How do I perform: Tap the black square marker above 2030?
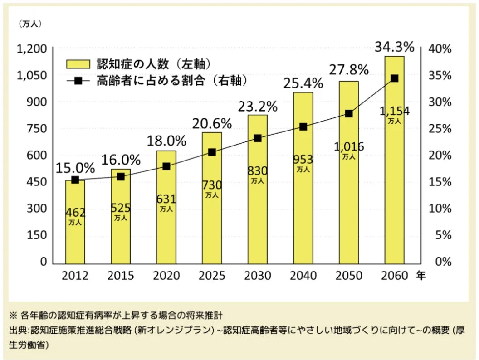pos(257,138)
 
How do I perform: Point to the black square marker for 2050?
pos(348,113)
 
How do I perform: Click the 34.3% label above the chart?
pos(394,46)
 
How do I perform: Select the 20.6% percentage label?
pos(211,123)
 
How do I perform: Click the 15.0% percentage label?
pos(75,168)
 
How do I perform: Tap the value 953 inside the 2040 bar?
pos(303,159)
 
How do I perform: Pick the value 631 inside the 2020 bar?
pos(166,199)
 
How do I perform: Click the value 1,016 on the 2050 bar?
pos(348,146)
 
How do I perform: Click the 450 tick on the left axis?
pos(38,182)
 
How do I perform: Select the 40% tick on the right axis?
pos(440,49)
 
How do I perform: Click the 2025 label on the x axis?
pos(211,276)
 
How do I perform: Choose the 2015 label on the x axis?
pos(121,276)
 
